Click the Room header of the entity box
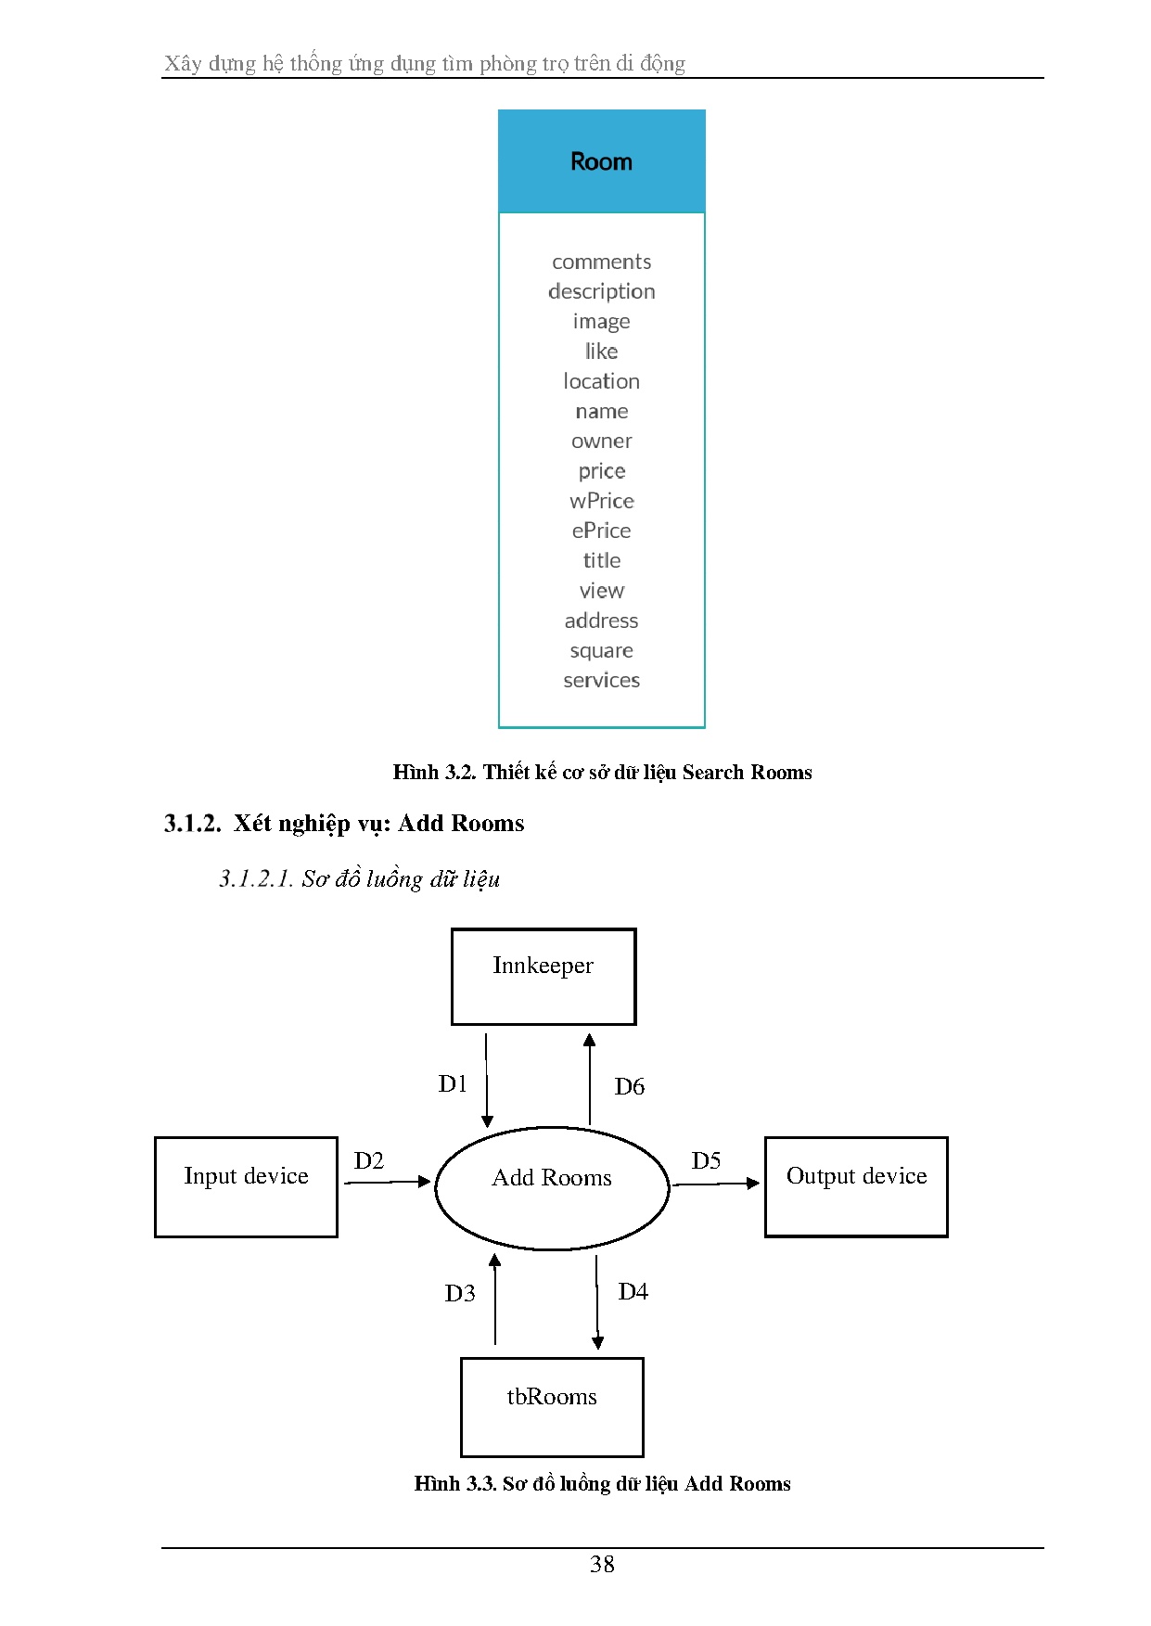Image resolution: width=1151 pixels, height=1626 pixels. point(601,161)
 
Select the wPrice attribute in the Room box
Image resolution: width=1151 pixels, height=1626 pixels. point(602,501)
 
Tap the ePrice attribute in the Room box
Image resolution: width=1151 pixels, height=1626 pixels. point(602,531)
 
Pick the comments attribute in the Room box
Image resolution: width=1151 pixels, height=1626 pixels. point(602,262)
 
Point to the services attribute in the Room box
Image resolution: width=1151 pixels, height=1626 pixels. point(602,680)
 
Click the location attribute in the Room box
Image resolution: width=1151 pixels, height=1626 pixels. point(602,381)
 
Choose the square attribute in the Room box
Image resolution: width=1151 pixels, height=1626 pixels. point(602,651)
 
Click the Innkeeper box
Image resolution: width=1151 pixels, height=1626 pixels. point(544,977)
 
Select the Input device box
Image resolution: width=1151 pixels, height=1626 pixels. point(246,1187)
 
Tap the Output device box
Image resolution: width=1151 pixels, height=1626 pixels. point(856,1187)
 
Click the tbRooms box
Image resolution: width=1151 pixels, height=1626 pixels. point(552,1407)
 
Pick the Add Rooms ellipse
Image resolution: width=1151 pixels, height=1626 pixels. point(552,1188)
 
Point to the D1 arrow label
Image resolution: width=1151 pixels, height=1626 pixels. point(453,1083)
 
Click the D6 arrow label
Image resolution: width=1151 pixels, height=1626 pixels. point(630,1086)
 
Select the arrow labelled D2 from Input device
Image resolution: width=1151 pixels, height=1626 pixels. point(388,1182)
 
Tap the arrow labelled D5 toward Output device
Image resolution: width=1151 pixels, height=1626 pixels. point(716,1184)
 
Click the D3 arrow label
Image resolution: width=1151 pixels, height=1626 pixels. point(460,1293)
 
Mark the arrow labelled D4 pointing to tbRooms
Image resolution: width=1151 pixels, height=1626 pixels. point(597,1302)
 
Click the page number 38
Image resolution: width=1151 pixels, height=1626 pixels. point(602,1565)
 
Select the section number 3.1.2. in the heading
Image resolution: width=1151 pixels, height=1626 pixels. point(193,824)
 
